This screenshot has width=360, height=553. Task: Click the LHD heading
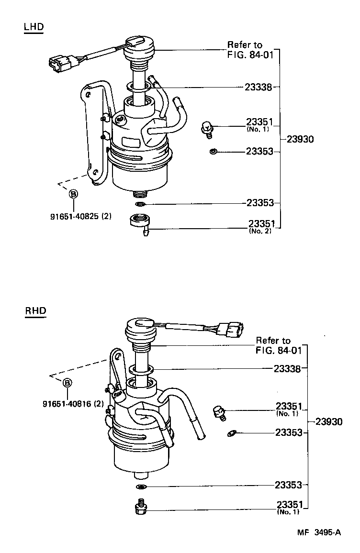coord(34,27)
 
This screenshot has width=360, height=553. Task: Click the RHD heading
coord(35,310)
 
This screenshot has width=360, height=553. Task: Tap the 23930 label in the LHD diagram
coord(300,139)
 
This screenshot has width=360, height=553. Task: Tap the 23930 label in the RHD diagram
coord(329,422)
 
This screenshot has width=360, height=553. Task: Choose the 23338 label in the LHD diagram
coord(259,87)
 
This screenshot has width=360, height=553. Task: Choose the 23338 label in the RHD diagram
coord(287,369)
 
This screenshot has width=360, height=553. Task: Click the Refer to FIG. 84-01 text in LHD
coord(250,49)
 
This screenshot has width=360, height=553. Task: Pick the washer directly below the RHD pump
coord(141,487)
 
